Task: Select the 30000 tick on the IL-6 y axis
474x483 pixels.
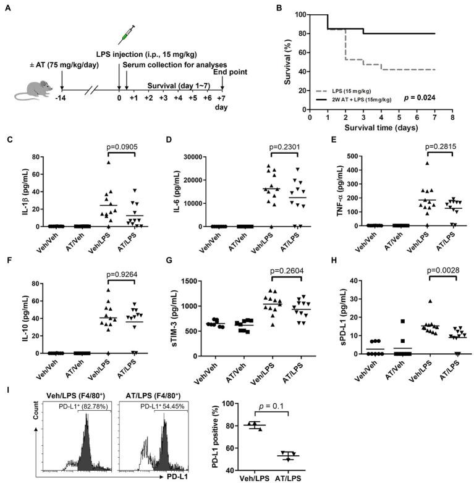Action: point(193,157)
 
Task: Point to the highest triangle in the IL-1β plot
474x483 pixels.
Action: point(91,162)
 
